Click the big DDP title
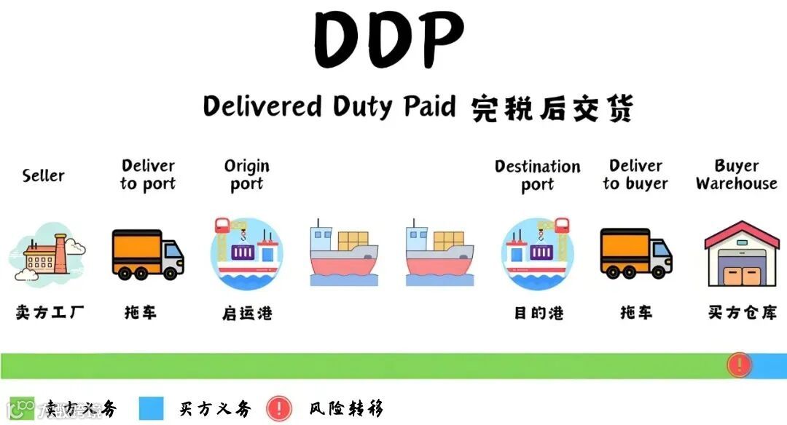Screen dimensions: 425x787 coord(388,41)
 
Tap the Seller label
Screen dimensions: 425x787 coord(43,175)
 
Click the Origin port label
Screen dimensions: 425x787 coord(246,175)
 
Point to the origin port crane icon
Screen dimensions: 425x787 coord(246,252)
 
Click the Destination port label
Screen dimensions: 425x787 coord(537,175)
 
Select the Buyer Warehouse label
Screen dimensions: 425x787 coord(736,175)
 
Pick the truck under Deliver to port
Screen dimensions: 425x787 coord(147,254)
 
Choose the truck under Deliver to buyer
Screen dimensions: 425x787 coord(635,254)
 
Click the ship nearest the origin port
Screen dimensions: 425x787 coord(344,252)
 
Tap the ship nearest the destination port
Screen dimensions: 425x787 coord(439,252)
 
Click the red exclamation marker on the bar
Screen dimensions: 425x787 coord(739,365)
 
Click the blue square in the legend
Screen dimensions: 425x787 coord(150,408)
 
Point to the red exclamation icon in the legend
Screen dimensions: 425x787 coord(278,408)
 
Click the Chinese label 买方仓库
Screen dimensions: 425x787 coord(742,313)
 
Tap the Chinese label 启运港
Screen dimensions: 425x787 coord(247,314)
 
